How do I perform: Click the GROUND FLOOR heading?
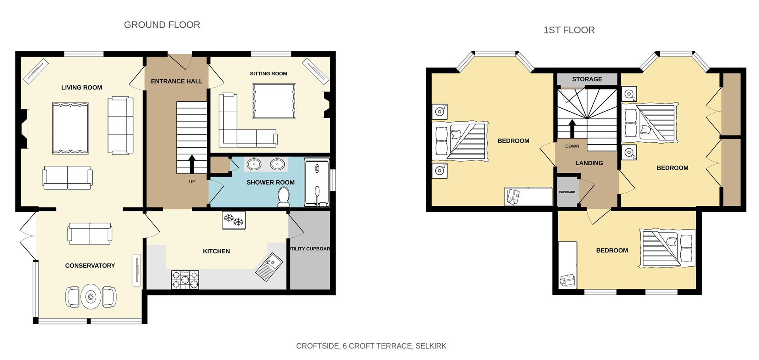pos(162,25)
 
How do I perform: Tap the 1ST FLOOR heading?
pos(568,30)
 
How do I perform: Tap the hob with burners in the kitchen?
pos(185,279)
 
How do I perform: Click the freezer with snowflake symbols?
pos(233,220)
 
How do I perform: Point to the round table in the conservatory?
pos(91,296)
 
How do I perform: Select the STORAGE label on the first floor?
pos(587,79)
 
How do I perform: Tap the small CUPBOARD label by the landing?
pos(566,192)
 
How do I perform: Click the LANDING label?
pos(589,163)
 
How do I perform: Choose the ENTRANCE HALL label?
pos(176,81)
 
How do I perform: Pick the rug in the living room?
pos(70,128)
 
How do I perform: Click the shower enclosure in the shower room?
pos(317,182)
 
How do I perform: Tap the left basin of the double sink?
pos(253,164)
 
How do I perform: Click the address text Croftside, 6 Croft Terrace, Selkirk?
pos(371,346)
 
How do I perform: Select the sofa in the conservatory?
pos(90,233)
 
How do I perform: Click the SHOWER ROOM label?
pos(270,183)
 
